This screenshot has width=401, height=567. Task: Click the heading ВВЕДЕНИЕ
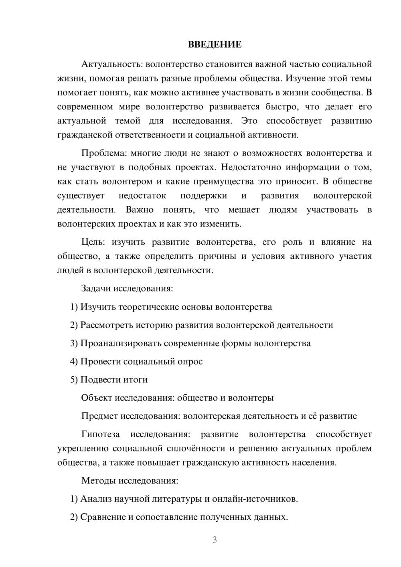click(215, 45)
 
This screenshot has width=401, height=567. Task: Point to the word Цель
click(93, 242)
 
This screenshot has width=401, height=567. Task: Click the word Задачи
click(96, 288)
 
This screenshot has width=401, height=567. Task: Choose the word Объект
click(97, 398)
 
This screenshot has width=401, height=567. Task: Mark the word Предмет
click(99, 416)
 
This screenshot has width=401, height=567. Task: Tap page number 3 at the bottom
click(215, 540)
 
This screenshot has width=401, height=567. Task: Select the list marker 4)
click(74, 361)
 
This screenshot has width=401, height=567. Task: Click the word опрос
click(190, 361)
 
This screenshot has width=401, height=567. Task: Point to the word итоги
click(136, 380)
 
